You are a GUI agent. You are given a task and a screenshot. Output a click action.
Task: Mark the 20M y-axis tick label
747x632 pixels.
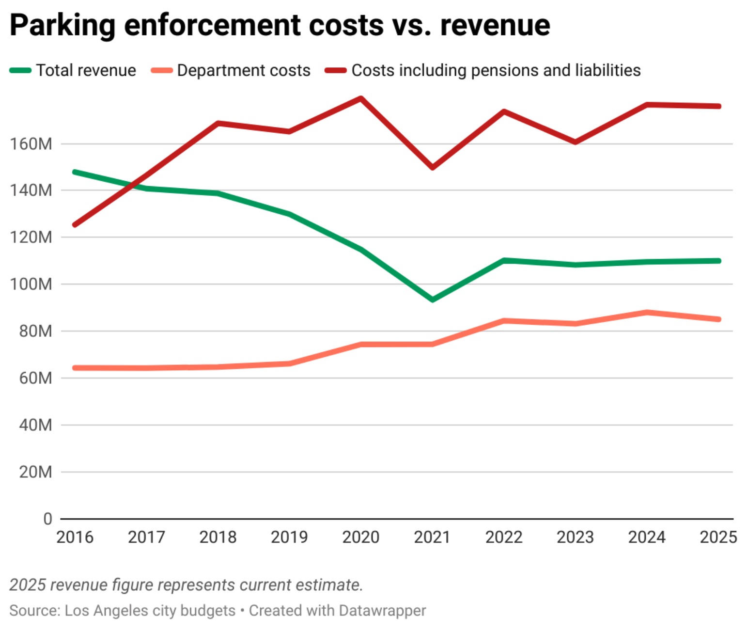35,472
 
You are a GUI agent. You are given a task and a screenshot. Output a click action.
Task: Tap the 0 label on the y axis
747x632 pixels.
47,519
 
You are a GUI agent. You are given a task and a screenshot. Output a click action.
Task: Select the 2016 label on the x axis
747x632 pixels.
75,537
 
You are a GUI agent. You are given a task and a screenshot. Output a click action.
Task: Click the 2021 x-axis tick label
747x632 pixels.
432,537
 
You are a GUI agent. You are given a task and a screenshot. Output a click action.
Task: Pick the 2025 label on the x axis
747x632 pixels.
718,537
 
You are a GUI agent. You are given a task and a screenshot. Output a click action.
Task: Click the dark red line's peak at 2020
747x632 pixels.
361,98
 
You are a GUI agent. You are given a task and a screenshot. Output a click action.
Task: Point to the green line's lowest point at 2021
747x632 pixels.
432,300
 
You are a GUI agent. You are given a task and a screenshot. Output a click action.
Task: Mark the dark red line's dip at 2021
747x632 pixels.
432,168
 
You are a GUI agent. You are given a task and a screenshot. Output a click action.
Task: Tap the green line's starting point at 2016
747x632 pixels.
75,172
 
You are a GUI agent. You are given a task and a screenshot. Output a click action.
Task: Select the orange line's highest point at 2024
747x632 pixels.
647,312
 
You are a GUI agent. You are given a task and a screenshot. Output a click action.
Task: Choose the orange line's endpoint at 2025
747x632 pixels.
718,319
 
